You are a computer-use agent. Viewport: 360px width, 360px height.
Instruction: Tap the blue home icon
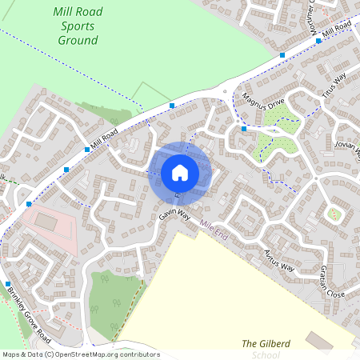(180, 172)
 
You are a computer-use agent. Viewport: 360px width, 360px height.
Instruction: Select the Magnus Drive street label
(264, 105)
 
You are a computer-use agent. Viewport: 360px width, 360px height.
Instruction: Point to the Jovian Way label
(350, 148)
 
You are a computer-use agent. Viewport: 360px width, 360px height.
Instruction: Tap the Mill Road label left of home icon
(104, 138)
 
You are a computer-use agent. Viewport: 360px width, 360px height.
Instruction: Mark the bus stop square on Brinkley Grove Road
(8, 284)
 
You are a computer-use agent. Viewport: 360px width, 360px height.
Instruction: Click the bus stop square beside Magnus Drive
(243, 128)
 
